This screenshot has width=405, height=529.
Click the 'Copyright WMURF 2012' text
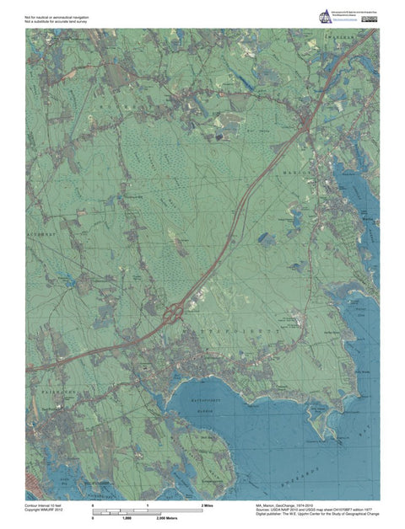45,508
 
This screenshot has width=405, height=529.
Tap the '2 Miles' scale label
208,504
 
